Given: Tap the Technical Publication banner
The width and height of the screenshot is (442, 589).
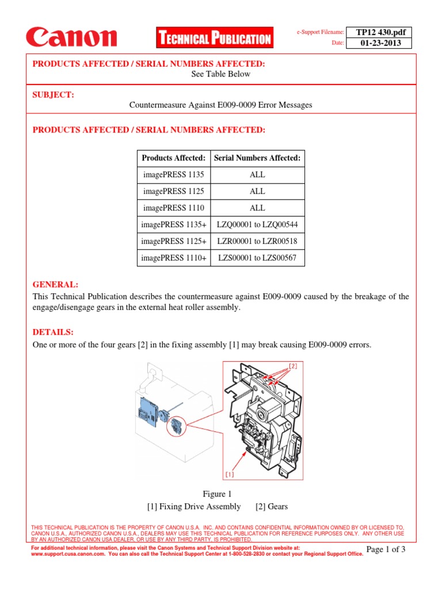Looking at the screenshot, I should (x=214, y=39).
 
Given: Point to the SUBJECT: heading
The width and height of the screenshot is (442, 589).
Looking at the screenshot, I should (x=53, y=94).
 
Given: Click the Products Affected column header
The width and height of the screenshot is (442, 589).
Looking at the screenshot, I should (x=173, y=158).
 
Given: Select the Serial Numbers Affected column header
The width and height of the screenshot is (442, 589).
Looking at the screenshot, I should (x=257, y=158).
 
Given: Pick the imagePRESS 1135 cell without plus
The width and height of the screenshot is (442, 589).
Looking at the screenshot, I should (x=173, y=175).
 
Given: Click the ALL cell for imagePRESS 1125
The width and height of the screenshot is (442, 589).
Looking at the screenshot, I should (x=257, y=192).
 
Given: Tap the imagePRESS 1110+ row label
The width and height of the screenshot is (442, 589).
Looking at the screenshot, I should (x=173, y=258).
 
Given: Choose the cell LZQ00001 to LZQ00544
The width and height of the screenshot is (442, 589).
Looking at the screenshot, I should (x=257, y=225).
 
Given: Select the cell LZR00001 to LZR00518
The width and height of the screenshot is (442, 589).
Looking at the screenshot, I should (x=257, y=242).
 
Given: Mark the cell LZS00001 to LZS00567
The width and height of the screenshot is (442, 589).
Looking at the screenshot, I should (x=257, y=258).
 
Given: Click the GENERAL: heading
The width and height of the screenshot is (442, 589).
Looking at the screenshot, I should (x=55, y=285).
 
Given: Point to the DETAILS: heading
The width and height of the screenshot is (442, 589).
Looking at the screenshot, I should (x=53, y=332).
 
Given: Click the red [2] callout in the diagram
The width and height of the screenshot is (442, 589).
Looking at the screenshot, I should (x=292, y=366).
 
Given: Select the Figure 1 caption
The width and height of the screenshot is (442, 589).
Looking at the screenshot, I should (x=217, y=494).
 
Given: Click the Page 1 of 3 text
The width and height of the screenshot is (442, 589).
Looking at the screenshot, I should (x=386, y=550).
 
